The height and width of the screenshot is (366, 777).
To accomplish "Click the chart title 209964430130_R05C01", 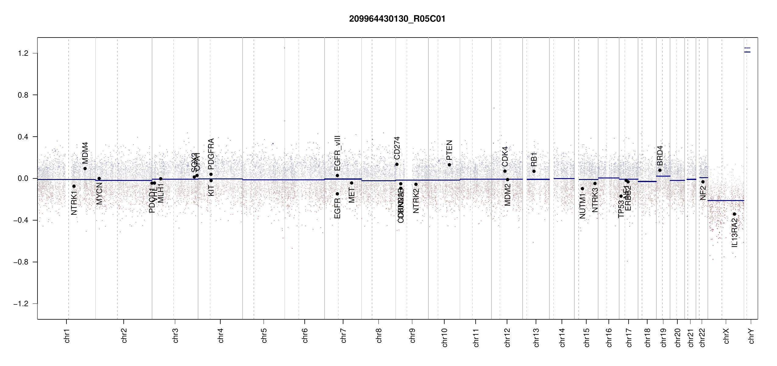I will click(x=397, y=19).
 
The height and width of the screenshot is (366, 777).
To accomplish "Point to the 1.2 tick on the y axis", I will click(x=23, y=53).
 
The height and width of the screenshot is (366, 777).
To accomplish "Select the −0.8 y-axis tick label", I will click(x=21, y=262).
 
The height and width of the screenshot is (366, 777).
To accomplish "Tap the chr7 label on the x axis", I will click(x=344, y=335).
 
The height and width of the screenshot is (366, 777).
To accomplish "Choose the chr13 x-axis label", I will click(x=536, y=337).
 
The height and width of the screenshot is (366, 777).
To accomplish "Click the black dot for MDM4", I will click(x=85, y=169).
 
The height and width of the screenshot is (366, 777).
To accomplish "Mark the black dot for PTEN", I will click(x=449, y=165).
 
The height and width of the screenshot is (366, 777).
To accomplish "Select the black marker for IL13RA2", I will click(x=734, y=214).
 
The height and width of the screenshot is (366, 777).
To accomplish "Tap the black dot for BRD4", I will click(x=660, y=170).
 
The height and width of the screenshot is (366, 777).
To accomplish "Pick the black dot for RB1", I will click(x=534, y=171).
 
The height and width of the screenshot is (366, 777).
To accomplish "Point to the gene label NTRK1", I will click(x=74, y=203).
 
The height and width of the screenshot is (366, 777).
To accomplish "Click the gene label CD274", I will click(x=397, y=148).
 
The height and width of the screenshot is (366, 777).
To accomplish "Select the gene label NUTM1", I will click(x=582, y=207).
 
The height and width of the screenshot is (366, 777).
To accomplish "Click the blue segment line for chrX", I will click(x=725, y=201).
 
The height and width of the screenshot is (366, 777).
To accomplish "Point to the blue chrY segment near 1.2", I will click(x=747, y=52).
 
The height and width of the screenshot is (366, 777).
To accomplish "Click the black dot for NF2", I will click(x=703, y=182).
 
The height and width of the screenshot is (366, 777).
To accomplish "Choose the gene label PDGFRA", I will click(x=211, y=154).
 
